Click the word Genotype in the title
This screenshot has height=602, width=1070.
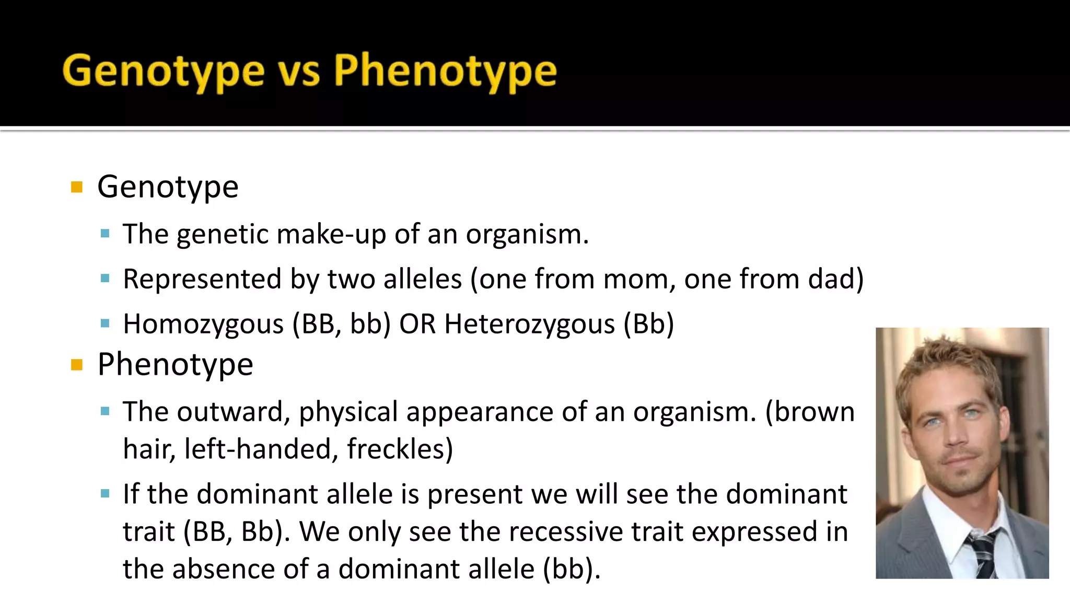[x=164, y=72]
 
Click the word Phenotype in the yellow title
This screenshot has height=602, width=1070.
[x=445, y=72]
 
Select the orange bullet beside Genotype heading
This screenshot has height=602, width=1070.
[x=77, y=187]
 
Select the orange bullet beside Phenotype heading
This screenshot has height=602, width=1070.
[x=77, y=365]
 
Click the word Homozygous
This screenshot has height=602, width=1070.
[x=203, y=325]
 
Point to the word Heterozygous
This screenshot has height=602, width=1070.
[x=529, y=325]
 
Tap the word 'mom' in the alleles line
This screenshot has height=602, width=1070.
[x=635, y=280]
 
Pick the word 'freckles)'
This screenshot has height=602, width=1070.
[x=400, y=449]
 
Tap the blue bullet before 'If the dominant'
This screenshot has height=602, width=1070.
[x=105, y=494]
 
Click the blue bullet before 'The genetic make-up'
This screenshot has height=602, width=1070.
[x=105, y=234]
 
